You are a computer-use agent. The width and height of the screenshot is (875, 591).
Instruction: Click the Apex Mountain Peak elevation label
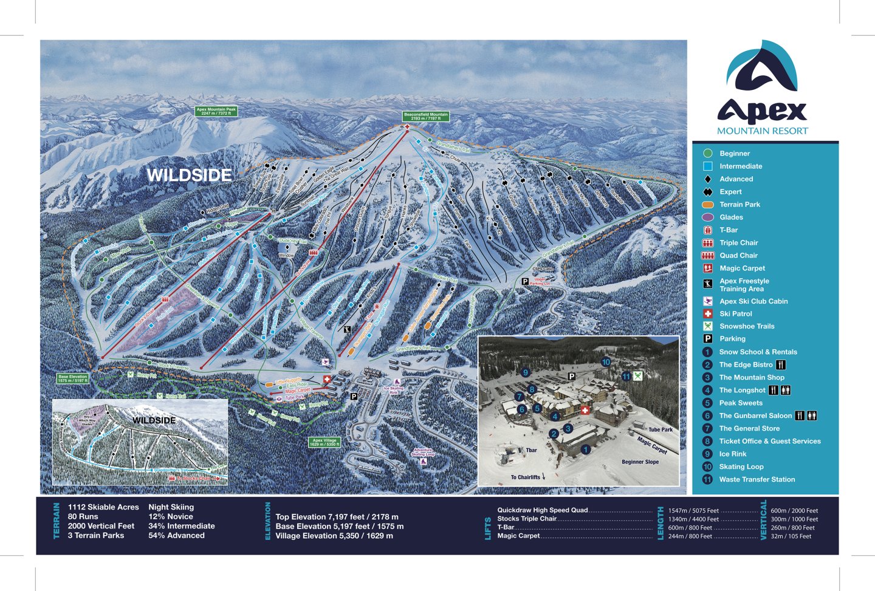coord(216,111)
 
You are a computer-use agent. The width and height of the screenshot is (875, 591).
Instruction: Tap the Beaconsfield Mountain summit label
coord(425,116)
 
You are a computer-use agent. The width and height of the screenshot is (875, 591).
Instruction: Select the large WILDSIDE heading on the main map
coord(189,176)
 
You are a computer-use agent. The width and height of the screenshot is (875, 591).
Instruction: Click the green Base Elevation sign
coord(72,378)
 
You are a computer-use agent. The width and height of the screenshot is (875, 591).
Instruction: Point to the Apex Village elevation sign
coord(324,442)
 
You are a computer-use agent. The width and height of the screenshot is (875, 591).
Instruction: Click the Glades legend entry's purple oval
coord(707,217)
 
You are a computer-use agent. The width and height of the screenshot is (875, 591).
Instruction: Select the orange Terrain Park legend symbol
coord(707,205)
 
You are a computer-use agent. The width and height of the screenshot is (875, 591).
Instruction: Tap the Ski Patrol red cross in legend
coord(707,314)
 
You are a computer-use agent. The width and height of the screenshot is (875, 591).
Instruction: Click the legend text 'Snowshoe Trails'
coord(746,326)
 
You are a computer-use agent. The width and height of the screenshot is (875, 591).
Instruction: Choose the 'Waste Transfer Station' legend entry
coord(757,480)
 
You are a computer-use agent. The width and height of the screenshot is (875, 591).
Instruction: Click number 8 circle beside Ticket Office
coord(707,442)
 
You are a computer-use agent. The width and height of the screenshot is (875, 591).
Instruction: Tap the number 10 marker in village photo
coord(606,362)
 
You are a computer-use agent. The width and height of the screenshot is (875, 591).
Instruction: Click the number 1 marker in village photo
coord(585,449)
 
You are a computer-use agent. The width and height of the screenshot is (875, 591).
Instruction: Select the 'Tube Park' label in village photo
coord(660,429)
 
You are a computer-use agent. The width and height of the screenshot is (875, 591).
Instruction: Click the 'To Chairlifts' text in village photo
coord(526,477)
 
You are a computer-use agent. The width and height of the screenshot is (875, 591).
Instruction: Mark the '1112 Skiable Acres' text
coord(103,507)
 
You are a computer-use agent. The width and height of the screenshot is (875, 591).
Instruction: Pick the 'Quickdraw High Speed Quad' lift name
coord(542,510)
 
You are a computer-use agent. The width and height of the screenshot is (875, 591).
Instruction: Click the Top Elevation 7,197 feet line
coord(337,517)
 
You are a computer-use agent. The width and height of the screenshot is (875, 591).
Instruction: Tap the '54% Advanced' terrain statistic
coord(176,536)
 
